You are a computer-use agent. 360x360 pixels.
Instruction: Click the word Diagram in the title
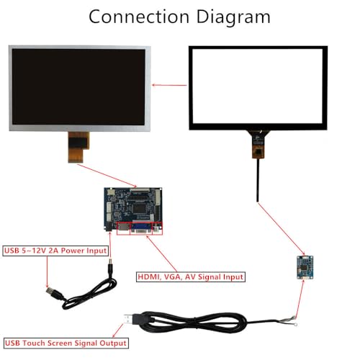pos(233,17)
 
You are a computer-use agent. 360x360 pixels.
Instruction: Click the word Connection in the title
pos(139,17)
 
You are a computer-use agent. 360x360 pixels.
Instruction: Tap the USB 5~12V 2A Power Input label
pos(55,251)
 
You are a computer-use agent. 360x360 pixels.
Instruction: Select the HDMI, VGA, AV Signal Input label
pos(191,277)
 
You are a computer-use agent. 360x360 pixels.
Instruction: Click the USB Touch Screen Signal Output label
pos(66,343)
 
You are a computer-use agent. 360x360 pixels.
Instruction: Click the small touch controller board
pos(305,267)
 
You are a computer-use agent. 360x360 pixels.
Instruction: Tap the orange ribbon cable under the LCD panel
pos(78,147)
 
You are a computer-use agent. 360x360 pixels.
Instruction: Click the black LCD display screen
pos(78,86)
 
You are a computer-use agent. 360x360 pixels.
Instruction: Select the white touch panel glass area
pos(258,86)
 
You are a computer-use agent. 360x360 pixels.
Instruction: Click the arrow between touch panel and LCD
pos(169,85)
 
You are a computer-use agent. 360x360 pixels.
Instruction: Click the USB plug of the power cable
pos(53,293)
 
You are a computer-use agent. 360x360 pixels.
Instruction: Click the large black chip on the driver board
pos(139,208)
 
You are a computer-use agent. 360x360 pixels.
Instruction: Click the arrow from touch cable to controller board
pos(281,229)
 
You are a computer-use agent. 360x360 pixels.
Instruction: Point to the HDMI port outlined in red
pos(123,229)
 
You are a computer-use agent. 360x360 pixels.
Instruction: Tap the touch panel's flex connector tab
pos(258,144)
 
